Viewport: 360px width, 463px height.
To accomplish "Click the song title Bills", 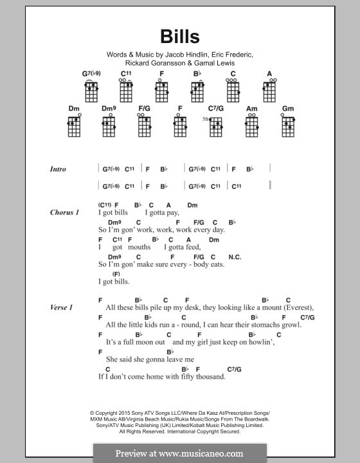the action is click(179, 37).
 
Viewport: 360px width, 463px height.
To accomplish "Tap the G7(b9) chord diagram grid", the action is click(91, 91).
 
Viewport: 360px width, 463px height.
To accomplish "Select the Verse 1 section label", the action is click(61, 307).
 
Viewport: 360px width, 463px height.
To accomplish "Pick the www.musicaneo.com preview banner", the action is click(179, 453).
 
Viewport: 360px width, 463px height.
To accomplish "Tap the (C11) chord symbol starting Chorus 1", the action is click(105, 205).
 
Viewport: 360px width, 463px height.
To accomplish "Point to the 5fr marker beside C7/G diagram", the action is click(204, 120).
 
